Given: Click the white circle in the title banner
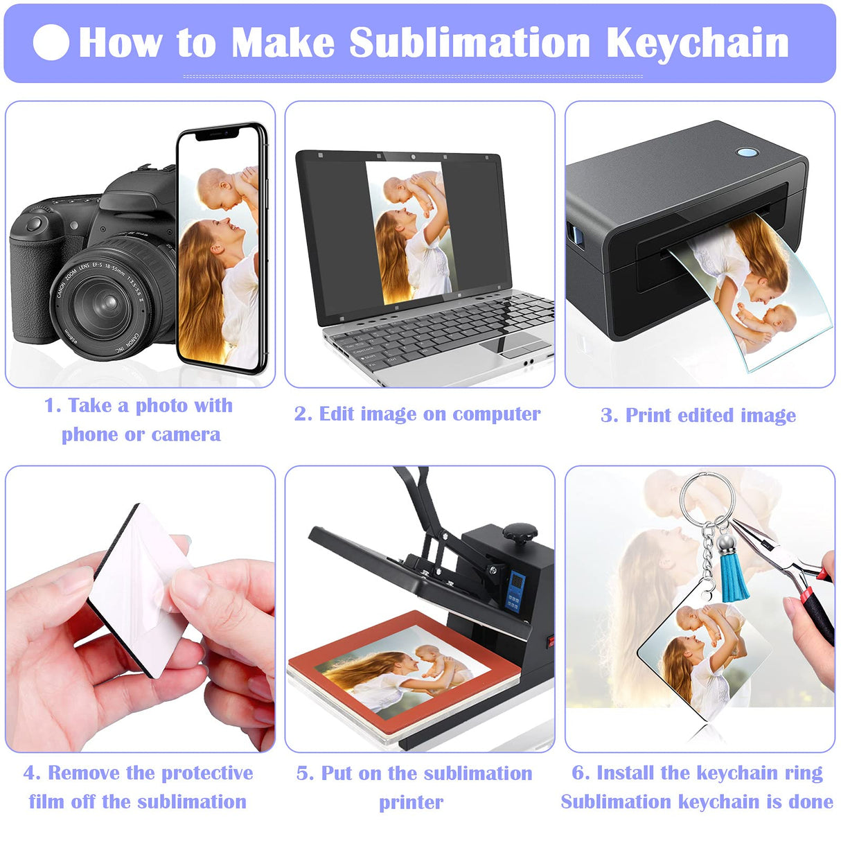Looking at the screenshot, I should coord(51,43).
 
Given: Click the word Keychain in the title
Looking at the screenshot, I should coord(698,43).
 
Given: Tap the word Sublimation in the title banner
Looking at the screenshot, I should coord(469,43).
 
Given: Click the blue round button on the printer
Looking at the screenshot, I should coord(747,152).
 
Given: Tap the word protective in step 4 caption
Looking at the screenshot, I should coord(207,773).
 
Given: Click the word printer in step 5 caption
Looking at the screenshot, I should coord(411,802).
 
